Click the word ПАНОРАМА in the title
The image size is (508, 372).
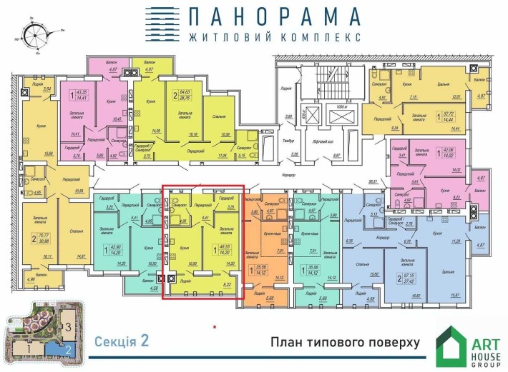pos(274,16)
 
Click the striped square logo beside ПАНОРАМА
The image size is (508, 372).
pos(162,24)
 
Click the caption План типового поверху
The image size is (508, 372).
pos(345,342)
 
